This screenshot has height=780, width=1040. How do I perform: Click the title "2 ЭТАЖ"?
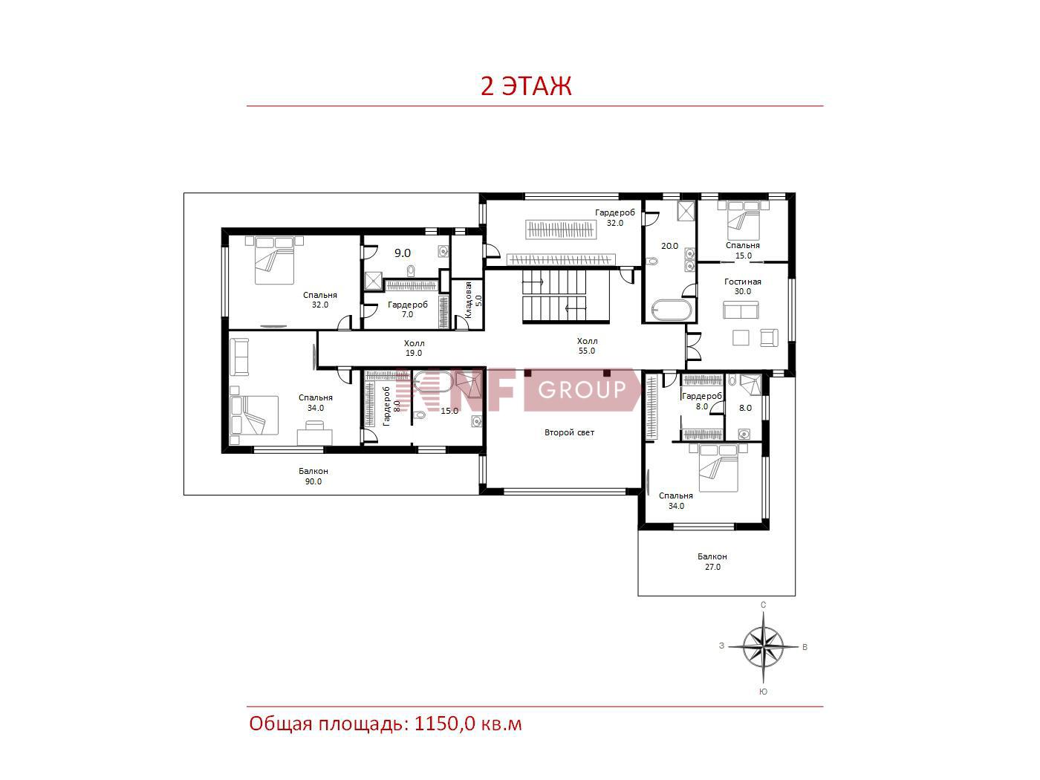tap(526, 85)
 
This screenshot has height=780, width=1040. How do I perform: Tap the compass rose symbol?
tap(763, 647)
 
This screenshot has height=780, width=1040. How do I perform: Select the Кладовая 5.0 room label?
tap(473, 300)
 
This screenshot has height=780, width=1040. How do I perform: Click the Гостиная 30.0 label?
tap(742, 287)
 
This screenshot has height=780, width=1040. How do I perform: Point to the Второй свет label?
tap(569, 432)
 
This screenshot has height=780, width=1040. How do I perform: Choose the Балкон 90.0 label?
tap(313, 476)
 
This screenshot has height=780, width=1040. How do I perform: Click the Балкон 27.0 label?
tap(712, 562)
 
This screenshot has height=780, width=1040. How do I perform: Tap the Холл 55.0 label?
tap(587, 345)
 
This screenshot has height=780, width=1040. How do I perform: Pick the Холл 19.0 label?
tap(414, 348)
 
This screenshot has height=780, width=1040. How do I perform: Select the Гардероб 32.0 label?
tap(615, 218)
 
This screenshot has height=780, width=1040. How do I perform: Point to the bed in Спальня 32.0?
tap(274, 260)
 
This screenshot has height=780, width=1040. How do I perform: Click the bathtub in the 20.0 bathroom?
tap(672, 311)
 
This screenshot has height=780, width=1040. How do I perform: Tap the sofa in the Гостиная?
tap(741, 310)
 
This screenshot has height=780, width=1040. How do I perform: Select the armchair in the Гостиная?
tap(769, 338)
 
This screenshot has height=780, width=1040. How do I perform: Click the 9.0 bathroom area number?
tap(403, 253)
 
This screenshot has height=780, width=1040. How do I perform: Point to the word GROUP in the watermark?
tap(582, 390)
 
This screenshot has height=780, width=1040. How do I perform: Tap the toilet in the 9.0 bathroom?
tap(411, 271)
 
